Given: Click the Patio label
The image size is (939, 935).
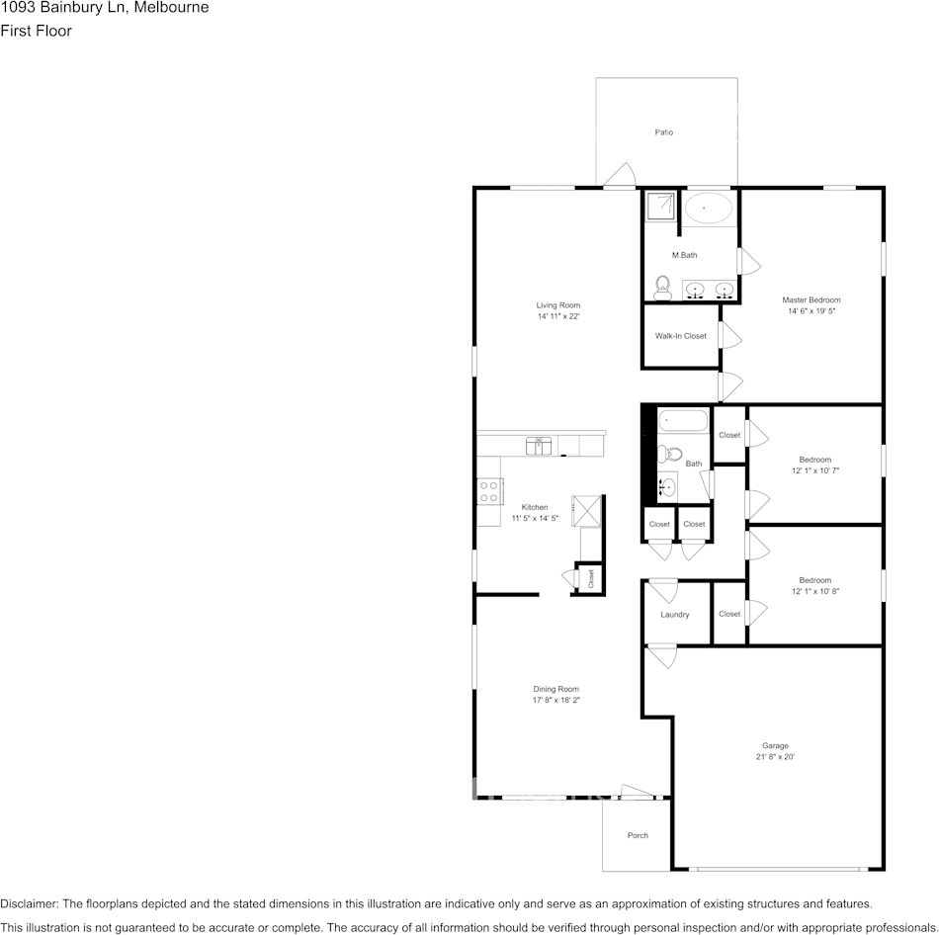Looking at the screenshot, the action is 663,132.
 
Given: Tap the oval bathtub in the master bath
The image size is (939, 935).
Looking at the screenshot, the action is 709,209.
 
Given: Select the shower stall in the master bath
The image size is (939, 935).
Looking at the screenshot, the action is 660,207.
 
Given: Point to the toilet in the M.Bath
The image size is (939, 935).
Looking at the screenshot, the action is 662,288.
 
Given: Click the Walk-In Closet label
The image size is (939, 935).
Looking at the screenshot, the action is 681,336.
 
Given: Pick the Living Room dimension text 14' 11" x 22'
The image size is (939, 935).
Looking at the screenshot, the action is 558,316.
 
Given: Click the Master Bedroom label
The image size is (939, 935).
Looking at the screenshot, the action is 811,300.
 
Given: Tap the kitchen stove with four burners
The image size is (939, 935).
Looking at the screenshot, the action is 490,490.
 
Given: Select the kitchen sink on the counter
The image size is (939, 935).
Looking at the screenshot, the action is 539,446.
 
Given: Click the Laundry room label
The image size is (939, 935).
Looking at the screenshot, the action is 675,615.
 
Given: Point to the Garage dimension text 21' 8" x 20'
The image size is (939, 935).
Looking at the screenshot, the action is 775,757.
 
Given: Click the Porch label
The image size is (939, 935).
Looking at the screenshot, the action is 638,835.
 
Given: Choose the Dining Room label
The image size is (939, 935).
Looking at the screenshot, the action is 556,689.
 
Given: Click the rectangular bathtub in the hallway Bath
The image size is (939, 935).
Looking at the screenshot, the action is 683,420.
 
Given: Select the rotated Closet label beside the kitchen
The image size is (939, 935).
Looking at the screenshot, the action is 591,578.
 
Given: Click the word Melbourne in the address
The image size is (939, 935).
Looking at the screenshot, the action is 172,8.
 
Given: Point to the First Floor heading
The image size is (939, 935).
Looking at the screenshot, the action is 36,31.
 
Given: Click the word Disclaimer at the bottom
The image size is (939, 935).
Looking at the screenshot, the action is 29,903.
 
